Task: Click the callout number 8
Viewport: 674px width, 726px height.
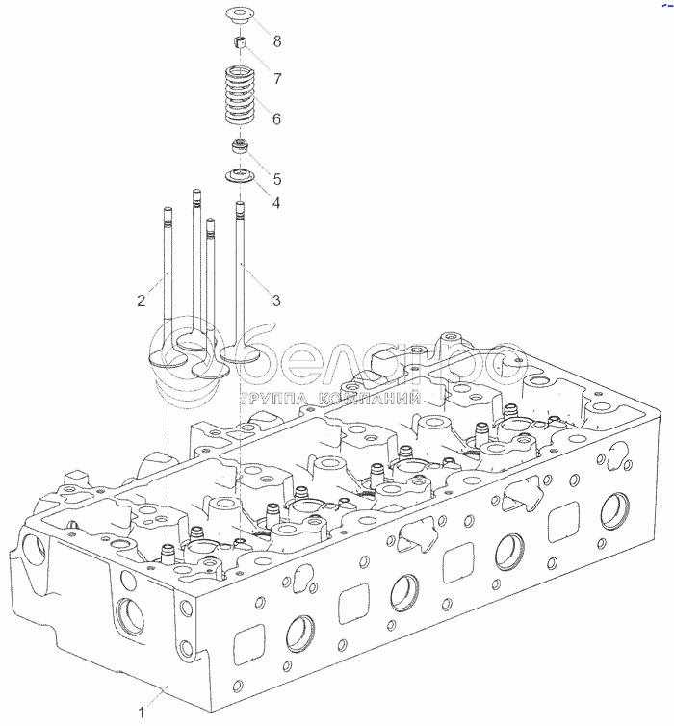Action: tap(277, 41)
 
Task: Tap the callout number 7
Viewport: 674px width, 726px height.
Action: tap(277, 78)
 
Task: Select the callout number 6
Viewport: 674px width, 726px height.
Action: tap(276, 118)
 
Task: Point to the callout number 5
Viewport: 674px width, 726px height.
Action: tap(277, 179)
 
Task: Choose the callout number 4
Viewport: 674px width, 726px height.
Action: tap(276, 202)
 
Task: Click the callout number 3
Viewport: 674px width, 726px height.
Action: tap(276, 300)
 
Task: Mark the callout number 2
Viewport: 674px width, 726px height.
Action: tap(142, 300)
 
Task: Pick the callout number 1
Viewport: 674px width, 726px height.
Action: tap(143, 712)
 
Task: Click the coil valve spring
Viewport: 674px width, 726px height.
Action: tap(240, 96)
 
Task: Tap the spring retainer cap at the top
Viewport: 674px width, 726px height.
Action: tap(240, 13)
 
